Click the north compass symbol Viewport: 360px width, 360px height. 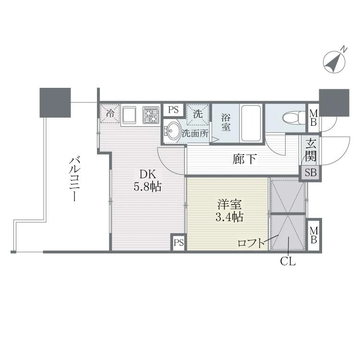pyautogui.click(x=334, y=61)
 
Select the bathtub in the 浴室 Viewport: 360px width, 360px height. pyautogui.click(x=251, y=123)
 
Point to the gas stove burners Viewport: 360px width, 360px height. pyautogui.click(x=151, y=115)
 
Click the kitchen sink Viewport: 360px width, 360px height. pyautogui.click(x=130, y=114)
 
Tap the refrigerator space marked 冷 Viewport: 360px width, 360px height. pyautogui.click(x=110, y=114)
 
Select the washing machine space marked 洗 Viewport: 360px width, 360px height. pyautogui.click(x=197, y=115)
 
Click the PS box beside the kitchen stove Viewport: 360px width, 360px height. pyautogui.click(x=173, y=110)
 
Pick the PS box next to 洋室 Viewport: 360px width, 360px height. pyautogui.click(x=179, y=242)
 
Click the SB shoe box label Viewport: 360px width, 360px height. pyautogui.click(x=311, y=172)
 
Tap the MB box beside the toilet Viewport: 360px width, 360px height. pyautogui.click(x=313, y=118)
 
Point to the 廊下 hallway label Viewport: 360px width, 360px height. pyautogui.click(x=244, y=159)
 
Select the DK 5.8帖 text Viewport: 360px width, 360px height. pyautogui.click(x=148, y=180)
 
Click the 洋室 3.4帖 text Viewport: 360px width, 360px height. pyautogui.click(x=229, y=211)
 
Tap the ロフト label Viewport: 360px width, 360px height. pyautogui.click(x=251, y=243)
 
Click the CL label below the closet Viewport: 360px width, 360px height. pyautogui.click(x=288, y=261)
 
